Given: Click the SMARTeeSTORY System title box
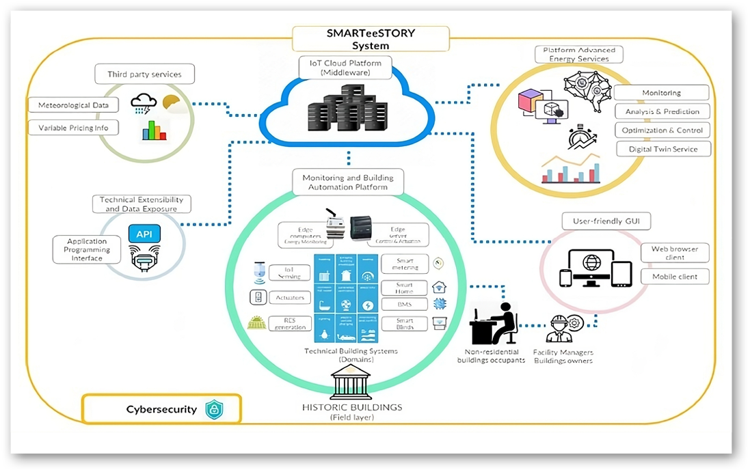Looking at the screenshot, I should pyautogui.click(x=371, y=39).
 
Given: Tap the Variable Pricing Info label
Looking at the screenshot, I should pyautogui.click(x=73, y=128).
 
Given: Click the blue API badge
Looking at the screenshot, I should pyautogui.click(x=144, y=235).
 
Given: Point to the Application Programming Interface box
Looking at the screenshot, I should pyautogui.click(x=87, y=250).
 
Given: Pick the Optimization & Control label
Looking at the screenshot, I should pyautogui.click(x=662, y=130).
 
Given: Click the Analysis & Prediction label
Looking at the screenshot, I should pyautogui.click(x=662, y=111).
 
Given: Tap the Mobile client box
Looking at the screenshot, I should pyautogui.click(x=674, y=277).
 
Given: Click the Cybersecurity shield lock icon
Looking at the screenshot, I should pyautogui.click(x=214, y=410).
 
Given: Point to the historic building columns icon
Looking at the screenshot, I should pyautogui.click(x=351, y=383).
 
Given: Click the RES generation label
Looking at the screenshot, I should pyautogui.click(x=290, y=323).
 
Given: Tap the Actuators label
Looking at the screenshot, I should pyautogui.click(x=290, y=298).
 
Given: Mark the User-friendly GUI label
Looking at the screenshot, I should pyautogui.click(x=596, y=221).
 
